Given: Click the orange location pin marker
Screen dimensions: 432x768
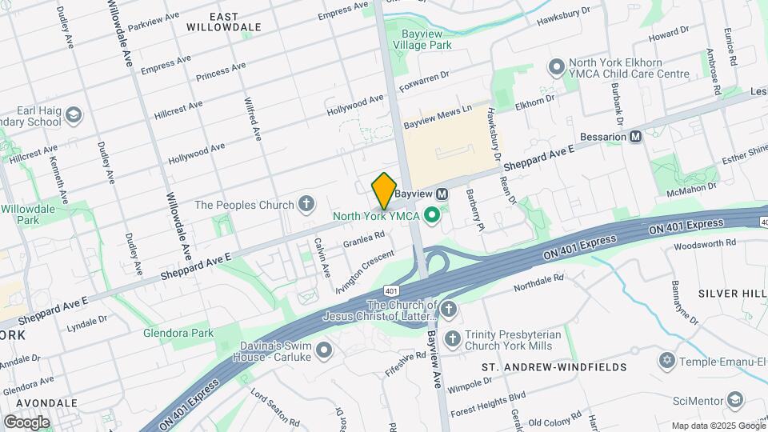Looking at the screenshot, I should (x=384, y=190).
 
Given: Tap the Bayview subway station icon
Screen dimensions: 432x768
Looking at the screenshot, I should (x=441, y=194).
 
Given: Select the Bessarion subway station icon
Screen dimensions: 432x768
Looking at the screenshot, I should (x=636, y=137).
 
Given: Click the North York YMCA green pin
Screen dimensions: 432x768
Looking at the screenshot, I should (x=433, y=214).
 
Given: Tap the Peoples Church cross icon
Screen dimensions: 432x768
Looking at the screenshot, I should (x=305, y=205).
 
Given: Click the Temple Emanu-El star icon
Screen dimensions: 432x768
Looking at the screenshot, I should (x=666, y=362).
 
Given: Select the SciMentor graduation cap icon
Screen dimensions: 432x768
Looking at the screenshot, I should (x=735, y=398).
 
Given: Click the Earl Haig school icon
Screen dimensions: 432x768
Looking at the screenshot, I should (x=74, y=115).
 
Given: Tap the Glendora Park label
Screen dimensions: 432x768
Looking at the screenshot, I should (x=178, y=333).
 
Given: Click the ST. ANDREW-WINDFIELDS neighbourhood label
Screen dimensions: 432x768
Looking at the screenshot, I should (x=554, y=367).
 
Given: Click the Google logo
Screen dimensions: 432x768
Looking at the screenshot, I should (x=27, y=421).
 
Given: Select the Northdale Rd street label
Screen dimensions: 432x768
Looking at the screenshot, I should (x=539, y=282).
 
